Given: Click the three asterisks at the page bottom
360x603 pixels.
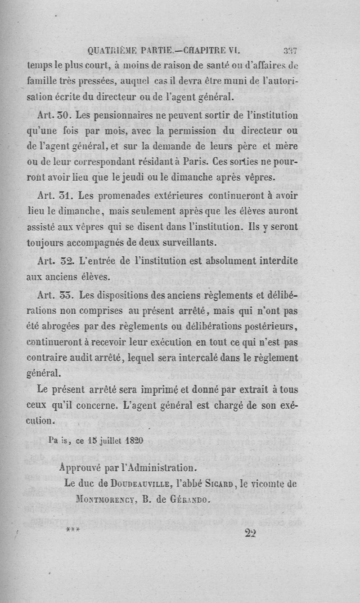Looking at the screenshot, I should pos(72,530).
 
